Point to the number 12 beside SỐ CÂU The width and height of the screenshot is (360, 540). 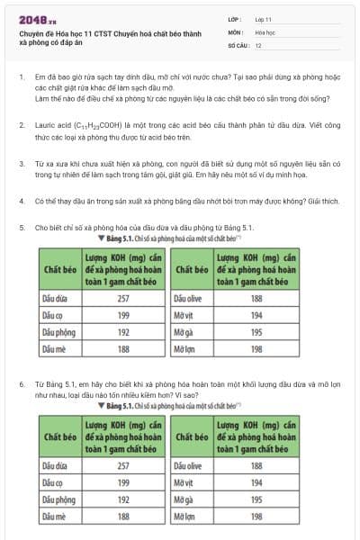[258, 44]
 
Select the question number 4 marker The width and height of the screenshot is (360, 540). [21, 217]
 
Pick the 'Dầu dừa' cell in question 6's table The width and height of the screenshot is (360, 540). [55, 465]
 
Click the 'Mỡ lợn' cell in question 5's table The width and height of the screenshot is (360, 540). [184, 348]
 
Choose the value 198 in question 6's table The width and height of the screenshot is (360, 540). [256, 517]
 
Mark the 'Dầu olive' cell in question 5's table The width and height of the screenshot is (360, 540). [188, 297]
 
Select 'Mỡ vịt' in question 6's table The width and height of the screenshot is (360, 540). [184, 482]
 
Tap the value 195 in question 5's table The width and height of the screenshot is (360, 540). [256, 331]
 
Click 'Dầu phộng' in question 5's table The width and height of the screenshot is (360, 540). [58, 331]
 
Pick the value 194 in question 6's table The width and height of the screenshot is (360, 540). [256, 482]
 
